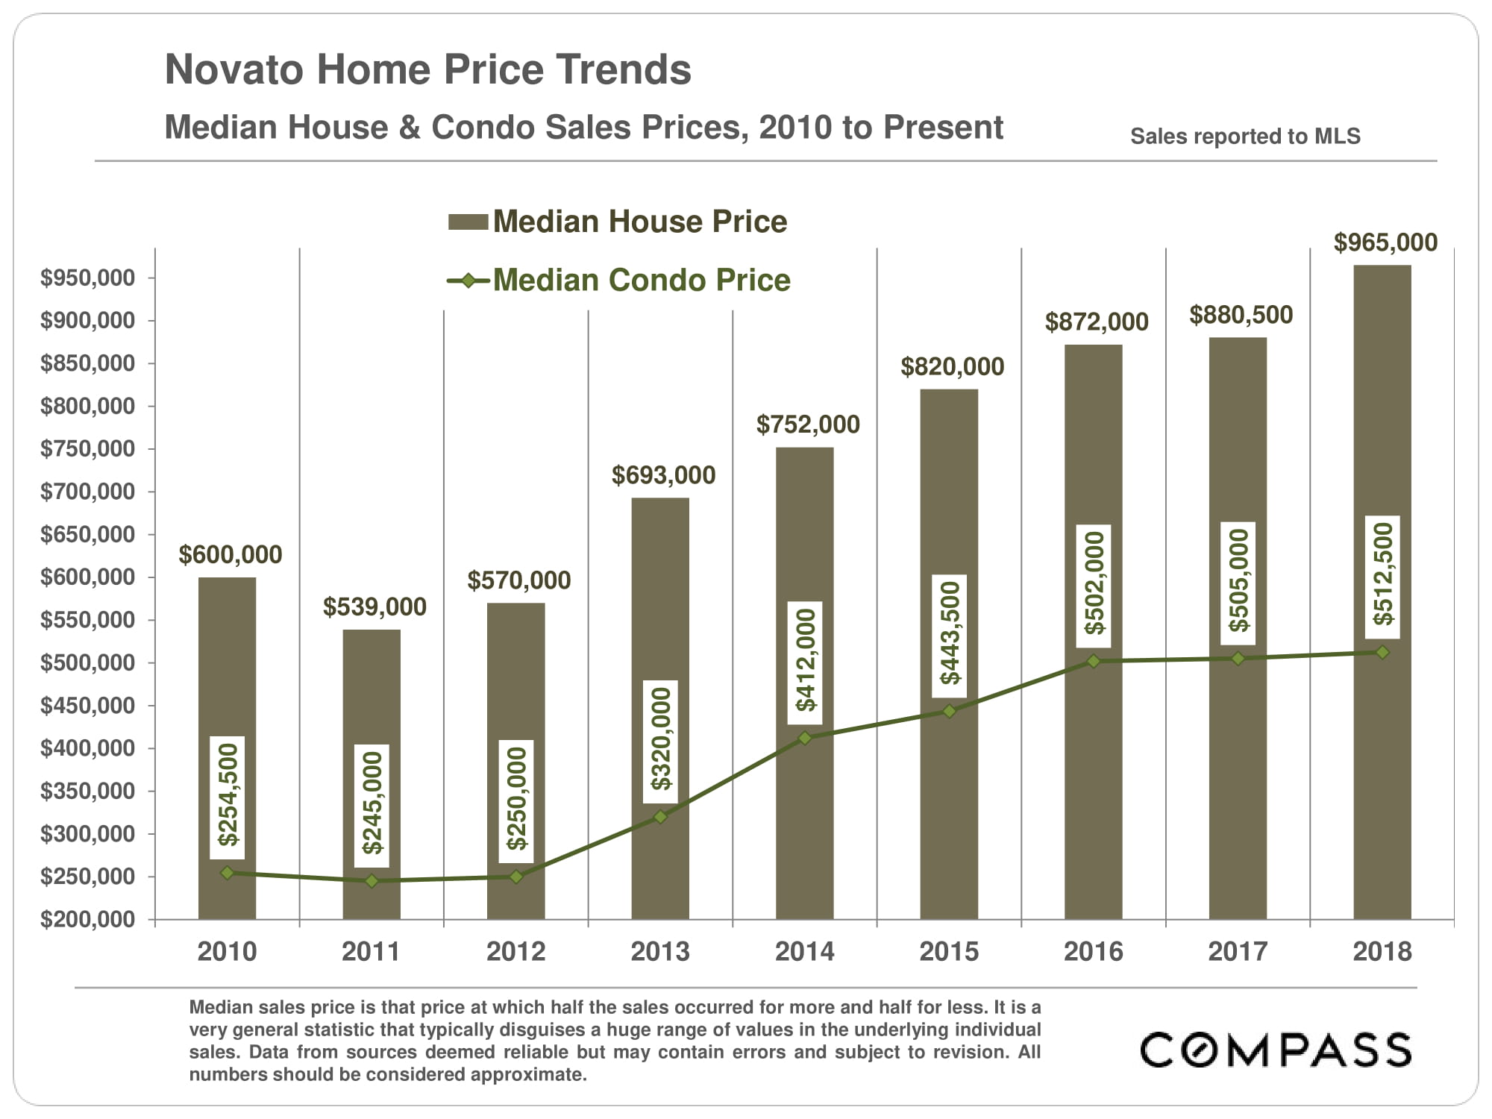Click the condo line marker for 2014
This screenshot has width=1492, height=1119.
[x=805, y=738]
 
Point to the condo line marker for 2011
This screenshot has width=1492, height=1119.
[x=372, y=881]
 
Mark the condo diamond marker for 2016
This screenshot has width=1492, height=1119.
[x=1094, y=661]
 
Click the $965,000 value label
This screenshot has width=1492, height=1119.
[x=1385, y=242]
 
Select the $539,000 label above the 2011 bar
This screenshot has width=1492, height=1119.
[x=374, y=607]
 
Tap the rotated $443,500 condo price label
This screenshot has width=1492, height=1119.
[x=950, y=635]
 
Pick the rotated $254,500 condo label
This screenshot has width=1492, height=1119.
[x=228, y=795]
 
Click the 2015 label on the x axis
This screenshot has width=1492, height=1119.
[x=949, y=951]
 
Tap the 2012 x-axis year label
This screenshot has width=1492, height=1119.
[x=515, y=951]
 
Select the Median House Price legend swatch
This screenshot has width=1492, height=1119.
[x=468, y=222]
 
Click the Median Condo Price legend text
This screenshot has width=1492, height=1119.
[x=642, y=280]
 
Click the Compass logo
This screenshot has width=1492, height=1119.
[x=1276, y=1050]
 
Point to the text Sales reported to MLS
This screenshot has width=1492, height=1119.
[x=1245, y=137]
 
